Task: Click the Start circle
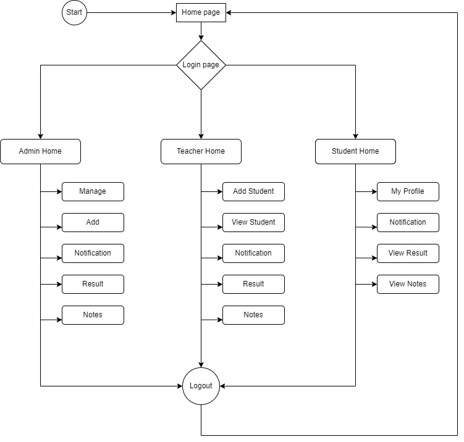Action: pyautogui.click(x=74, y=12)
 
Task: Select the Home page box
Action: pyautogui.click(x=201, y=12)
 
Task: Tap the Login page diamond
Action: pyautogui.click(x=201, y=65)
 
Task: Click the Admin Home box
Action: pyautogui.click(x=40, y=151)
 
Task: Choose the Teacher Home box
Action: pyautogui.click(x=201, y=151)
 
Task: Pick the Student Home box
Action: pyautogui.click(x=355, y=151)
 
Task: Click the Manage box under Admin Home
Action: pyautogui.click(x=93, y=191)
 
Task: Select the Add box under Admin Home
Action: pyautogui.click(x=93, y=222)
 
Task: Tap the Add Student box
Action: pyautogui.click(x=253, y=191)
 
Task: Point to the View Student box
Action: pyautogui.click(x=253, y=222)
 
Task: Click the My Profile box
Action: pyautogui.click(x=408, y=191)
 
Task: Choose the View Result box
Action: pyautogui.click(x=408, y=253)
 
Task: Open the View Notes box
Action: pyautogui.click(x=408, y=284)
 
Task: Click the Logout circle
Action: pyautogui.click(x=201, y=386)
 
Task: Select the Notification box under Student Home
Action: pyautogui.click(x=408, y=222)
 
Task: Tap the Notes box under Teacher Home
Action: pyautogui.click(x=253, y=315)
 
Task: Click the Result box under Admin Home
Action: pyautogui.click(x=93, y=284)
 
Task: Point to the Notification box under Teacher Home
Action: pyautogui.click(x=253, y=253)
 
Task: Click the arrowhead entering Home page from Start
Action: pyautogui.click(x=173, y=12)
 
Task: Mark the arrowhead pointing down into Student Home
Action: pyautogui.click(x=355, y=136)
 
